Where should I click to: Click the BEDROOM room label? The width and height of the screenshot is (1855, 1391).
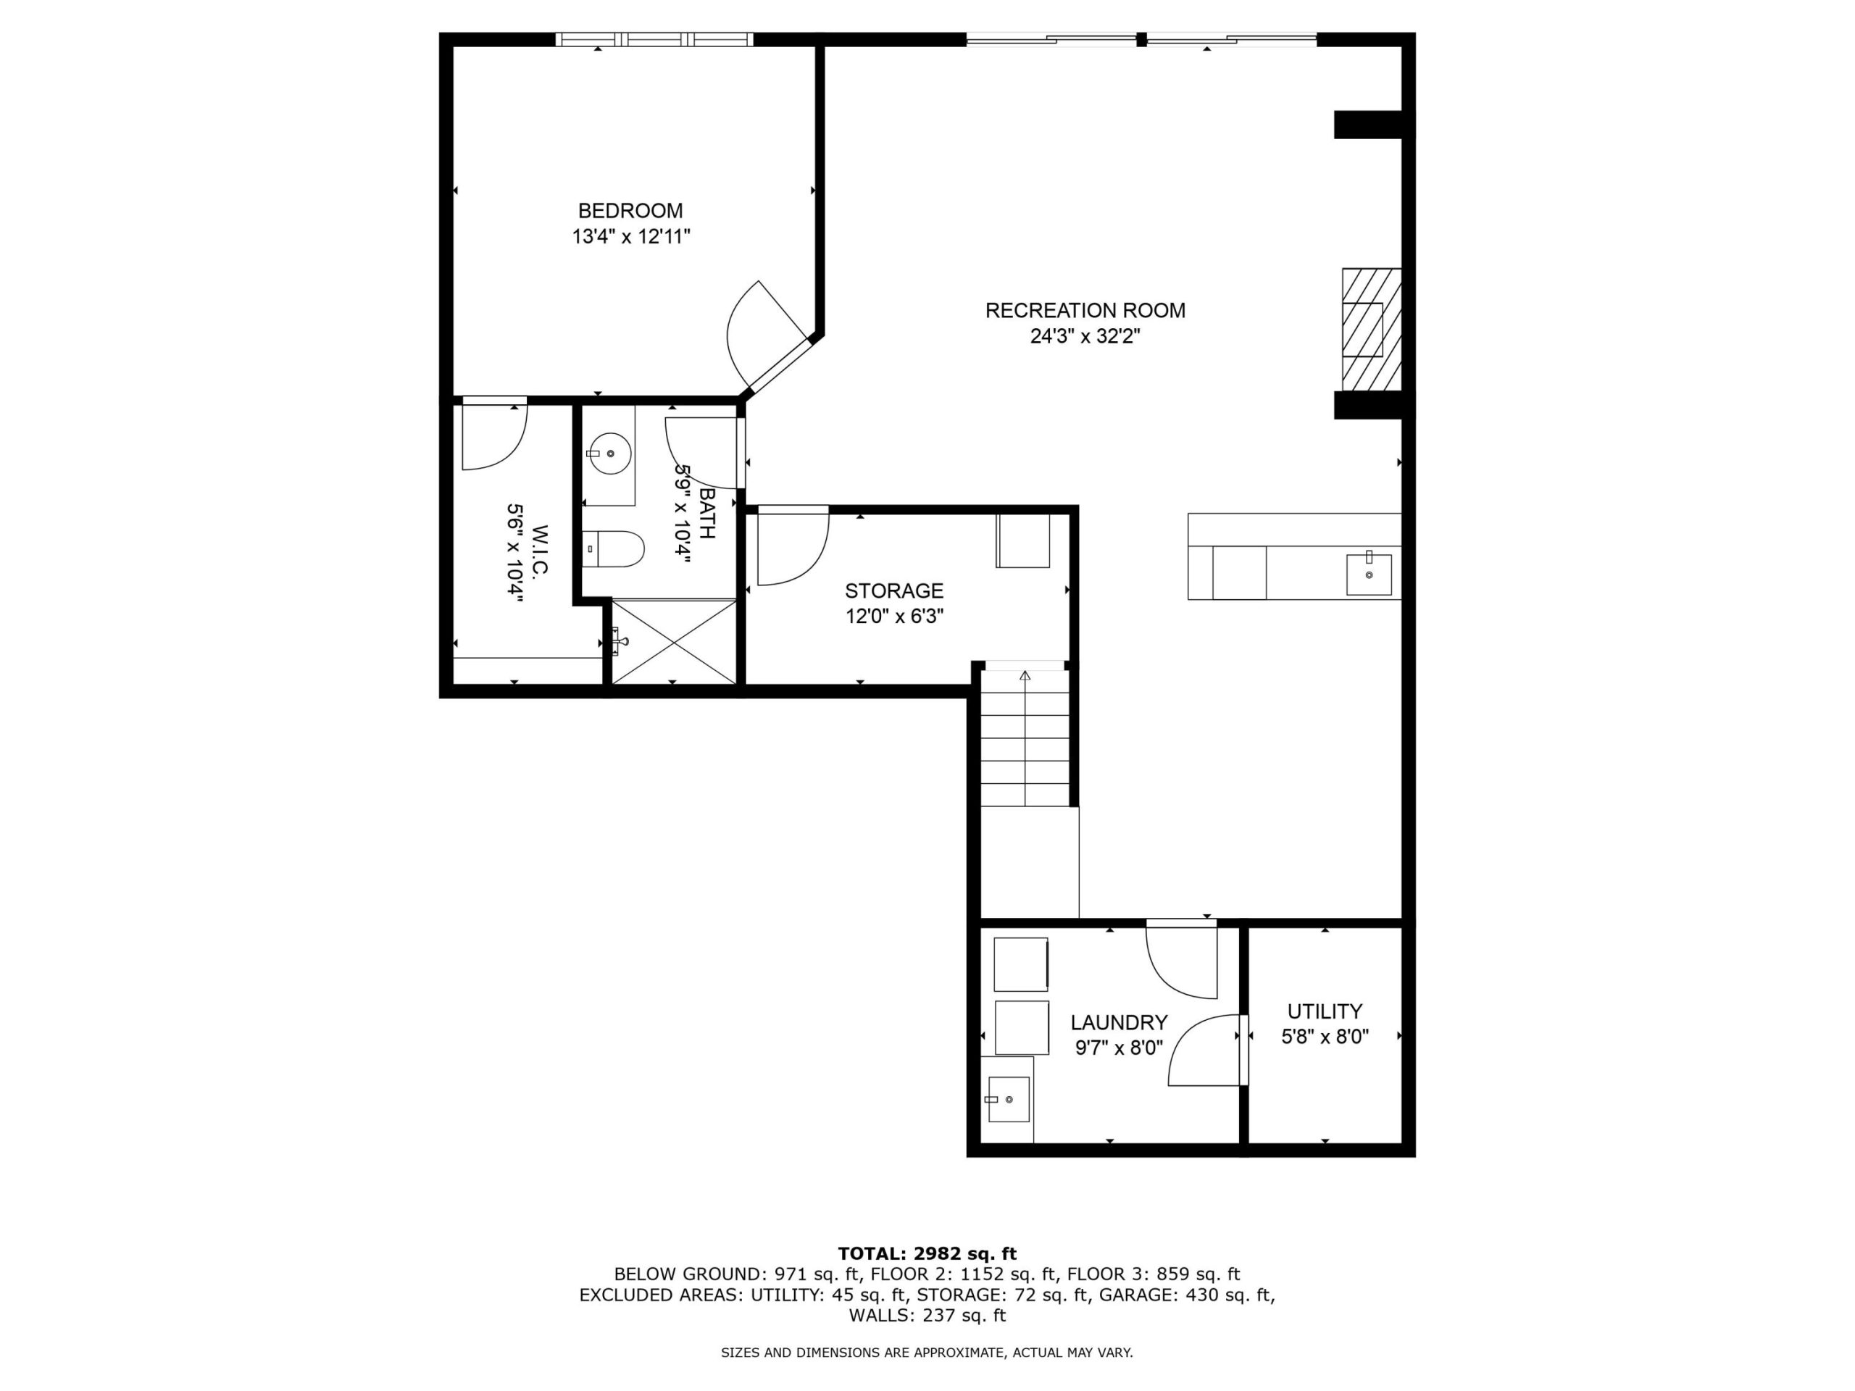point(630,210)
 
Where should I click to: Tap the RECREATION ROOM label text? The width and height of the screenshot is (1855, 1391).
point(1085,310)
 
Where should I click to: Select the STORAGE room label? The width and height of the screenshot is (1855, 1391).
point(894,590)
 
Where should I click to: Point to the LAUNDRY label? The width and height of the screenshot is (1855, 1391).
point(1119,1022)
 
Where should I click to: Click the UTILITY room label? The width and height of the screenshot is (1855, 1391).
point(1325,1011)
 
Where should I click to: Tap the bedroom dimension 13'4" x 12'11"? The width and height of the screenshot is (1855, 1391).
point(630,236)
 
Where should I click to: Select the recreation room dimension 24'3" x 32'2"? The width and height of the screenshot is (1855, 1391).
point(1085,336)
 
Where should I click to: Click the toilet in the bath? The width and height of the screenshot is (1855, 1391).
point(613,549)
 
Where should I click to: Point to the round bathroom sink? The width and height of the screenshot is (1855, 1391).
point(609,454)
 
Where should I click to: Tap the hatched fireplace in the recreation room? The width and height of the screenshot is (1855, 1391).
point(1372,330)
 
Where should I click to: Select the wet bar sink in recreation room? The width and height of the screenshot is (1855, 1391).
point(1369,574)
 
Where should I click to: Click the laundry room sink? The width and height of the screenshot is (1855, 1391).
point(1007,1099)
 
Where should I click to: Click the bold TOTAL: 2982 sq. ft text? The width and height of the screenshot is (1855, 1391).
point(927,1253)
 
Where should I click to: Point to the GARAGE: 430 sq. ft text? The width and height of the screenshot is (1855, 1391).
point(1187,1295)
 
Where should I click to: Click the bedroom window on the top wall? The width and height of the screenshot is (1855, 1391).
point(654,38)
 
